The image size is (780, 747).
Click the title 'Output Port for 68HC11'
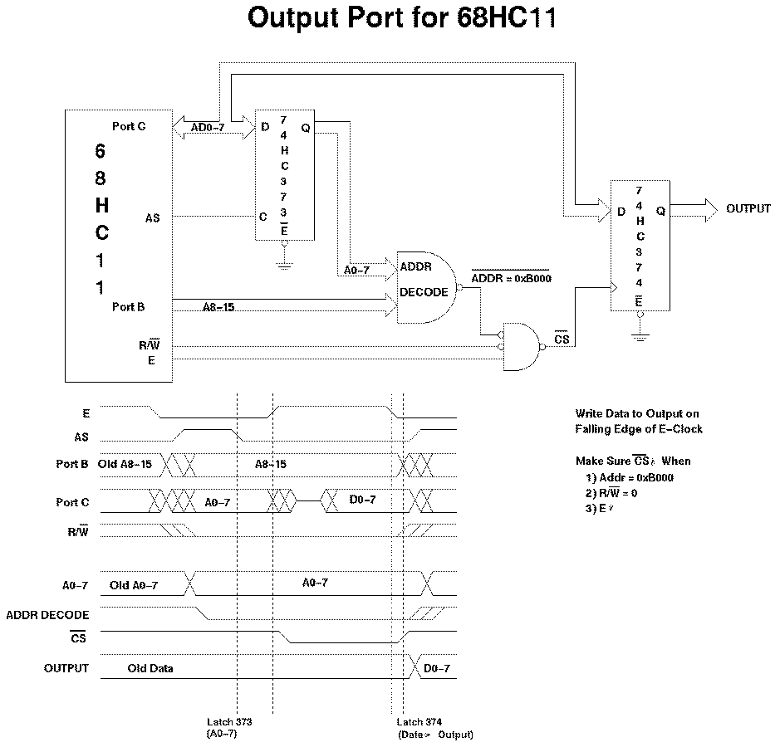[x=401, y=19]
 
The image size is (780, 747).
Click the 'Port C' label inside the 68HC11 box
[x=129, y=126]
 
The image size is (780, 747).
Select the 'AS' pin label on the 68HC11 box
[x=152, y=217]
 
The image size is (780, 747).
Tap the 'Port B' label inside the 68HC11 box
[x=129, y=307]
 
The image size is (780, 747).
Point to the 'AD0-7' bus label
[x=208, y=128]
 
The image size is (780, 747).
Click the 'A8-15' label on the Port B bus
[x=218, y=307]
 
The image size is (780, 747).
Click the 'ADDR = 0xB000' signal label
[x=512, y=278]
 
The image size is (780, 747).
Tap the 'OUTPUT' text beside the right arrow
[x=748, y=208]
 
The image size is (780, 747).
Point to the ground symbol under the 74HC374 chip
[x=638, y=336]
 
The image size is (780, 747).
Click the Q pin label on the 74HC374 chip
[x=660, y=211]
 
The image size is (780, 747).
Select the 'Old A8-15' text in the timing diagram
[x=125, y=464]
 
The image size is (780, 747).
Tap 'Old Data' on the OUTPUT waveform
[x=150, y=668]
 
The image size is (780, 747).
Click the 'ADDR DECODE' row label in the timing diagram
[x=47, y=615]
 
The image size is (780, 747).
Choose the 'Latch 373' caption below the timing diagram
[x=229, y=722]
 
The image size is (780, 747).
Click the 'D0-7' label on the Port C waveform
[x=362, y=500]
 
